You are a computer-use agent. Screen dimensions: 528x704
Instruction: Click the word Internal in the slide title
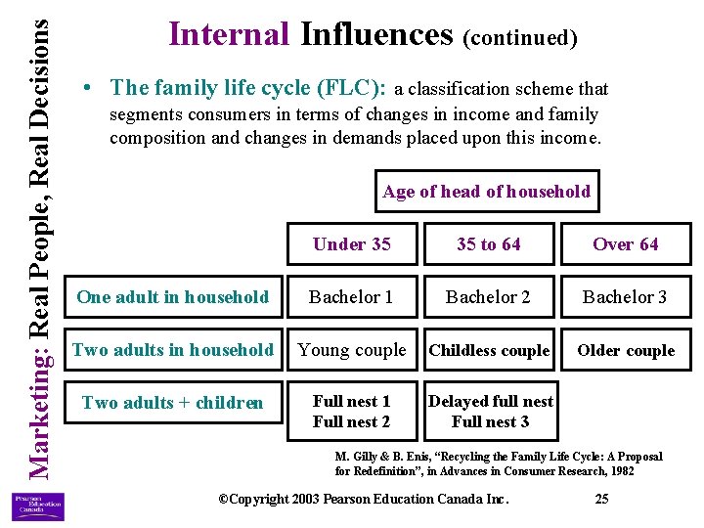coord(229,35)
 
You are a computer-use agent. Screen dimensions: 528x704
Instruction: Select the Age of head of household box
coord(486,192)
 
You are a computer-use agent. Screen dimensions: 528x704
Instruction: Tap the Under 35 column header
coord(351,244)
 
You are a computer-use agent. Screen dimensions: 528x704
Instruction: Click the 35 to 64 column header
coord(488,244)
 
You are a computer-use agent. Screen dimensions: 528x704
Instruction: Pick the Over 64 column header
coord(626,244)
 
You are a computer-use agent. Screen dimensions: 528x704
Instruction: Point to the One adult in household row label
coord(172,297)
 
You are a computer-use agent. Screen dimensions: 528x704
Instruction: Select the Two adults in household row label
coord(172,350)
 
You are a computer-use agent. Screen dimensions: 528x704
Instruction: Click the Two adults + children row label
coord(172,403)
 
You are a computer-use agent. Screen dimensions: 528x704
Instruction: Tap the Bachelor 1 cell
coord(351,297)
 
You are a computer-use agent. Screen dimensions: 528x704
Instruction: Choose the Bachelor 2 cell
coord(488,297)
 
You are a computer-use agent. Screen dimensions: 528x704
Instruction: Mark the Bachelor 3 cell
coord(626,297)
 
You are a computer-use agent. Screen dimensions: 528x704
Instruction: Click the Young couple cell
coord(351,350)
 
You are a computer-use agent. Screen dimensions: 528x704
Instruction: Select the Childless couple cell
coord(489,351)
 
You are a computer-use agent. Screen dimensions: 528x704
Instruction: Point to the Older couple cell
coord(626,351)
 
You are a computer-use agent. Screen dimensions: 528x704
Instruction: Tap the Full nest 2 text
coord(351,422)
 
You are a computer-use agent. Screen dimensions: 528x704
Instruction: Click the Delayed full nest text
coord(490,401)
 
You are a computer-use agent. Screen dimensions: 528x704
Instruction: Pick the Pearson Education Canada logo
coord(37,507)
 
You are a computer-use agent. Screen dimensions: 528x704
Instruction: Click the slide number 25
coord(601,500)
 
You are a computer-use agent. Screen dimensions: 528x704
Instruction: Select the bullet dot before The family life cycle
coord(89,88)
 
